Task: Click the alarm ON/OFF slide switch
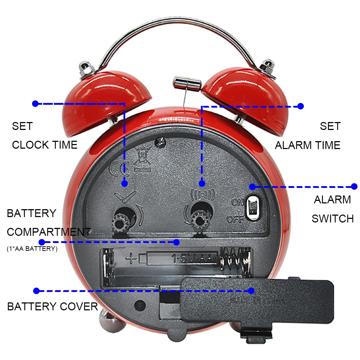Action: (x=254, y=207)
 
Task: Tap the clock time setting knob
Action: (x=120, y=221)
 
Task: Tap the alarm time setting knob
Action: (x=198, y=218)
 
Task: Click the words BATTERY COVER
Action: (x=53, y=307)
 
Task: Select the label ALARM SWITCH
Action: (x=332, y=209)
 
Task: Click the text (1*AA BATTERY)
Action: (x=32, y=249)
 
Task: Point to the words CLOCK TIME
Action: (x=45, y=145)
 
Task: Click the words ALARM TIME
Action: (x=307, y=145)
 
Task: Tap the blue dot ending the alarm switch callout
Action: (x=354, y=186)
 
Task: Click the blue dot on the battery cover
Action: (x=252, y=291)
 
